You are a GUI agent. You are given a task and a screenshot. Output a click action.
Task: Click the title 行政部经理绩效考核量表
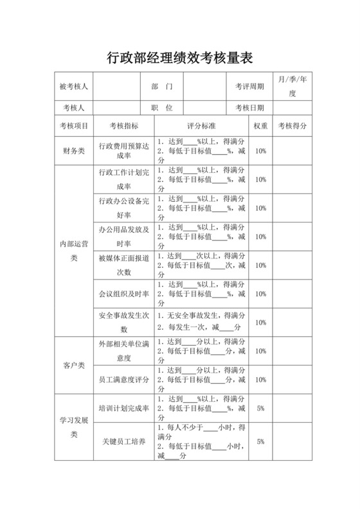click(180, 58)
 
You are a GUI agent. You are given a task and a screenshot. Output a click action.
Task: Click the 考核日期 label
click(249, 108)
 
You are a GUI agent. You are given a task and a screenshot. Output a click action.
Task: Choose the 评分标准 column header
click(201, 126)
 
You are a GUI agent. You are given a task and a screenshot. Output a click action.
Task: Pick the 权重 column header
click(260, 126)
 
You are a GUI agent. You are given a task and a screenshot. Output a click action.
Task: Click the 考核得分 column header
click(292, 126)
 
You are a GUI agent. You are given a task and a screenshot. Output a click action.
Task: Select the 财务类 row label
click(73, 151)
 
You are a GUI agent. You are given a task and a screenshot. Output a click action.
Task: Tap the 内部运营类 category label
click(73, 251)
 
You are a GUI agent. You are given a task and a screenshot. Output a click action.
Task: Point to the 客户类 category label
click(73, 366)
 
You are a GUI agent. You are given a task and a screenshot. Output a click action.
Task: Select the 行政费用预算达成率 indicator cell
click(124, 151)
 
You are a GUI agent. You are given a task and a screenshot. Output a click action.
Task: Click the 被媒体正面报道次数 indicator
click(124, 265)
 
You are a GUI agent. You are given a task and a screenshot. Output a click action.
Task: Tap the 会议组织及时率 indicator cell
click(124, 294)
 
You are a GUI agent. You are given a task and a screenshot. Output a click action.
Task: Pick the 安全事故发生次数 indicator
click(124, 323)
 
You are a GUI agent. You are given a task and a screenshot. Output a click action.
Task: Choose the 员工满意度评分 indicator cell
click(124, 380)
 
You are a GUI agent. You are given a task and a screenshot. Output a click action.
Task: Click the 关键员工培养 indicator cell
click(124, 442)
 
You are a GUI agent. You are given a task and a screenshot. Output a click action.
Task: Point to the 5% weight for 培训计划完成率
click(260, 408)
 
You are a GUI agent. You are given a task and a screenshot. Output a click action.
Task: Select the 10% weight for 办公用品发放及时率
click(260, 237)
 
